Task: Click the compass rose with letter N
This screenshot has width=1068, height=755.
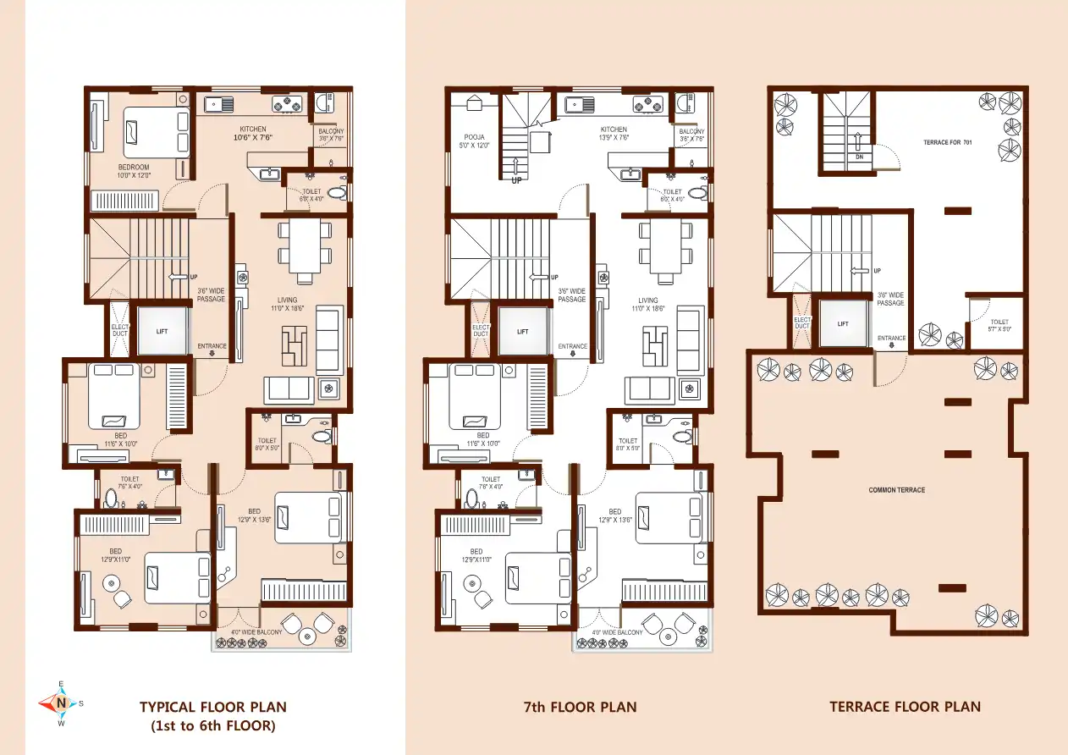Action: pyautogui.click(x=61, y=703)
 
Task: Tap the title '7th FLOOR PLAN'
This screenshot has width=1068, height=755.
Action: pyautogui.click(x=580, y=707)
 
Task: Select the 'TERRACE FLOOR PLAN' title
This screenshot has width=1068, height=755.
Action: pyautogui.click(x=905, y=707)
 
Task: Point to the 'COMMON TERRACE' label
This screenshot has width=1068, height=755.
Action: pyautogui.click(x=896, y=490)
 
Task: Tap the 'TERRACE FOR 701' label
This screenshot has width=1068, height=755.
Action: pyautogui.click(x=947, y=143)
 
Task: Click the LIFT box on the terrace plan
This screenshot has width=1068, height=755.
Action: pyautogui.click(x=843, y=323)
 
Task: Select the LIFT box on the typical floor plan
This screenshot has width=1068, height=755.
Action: pyautogui.click(x=162, y=331)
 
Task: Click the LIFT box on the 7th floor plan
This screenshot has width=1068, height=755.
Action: pyautogui.click(x=522, y=331)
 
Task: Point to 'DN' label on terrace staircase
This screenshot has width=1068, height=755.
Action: pyautogui.click(x=858, y=157)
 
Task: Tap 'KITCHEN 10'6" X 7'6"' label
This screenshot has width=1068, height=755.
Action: pyautogui.click(x=252, y=133)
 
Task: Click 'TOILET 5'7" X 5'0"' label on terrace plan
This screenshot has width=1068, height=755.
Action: pyautogui.click(x=999, y=326)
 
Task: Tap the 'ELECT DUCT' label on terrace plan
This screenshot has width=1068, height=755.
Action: pyautogui.click(x=801, y=322)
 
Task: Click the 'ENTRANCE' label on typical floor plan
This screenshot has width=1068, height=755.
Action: pyautogui.click(x=212, y=346)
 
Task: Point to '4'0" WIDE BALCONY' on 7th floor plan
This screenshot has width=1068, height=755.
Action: pyautogui.click(x=616, y=632)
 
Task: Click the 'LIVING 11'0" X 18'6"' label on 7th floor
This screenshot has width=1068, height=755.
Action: pyautogui.click(x=648, y=305)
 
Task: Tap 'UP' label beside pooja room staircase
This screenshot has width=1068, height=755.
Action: pyautogui.click(x=515, y=180)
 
